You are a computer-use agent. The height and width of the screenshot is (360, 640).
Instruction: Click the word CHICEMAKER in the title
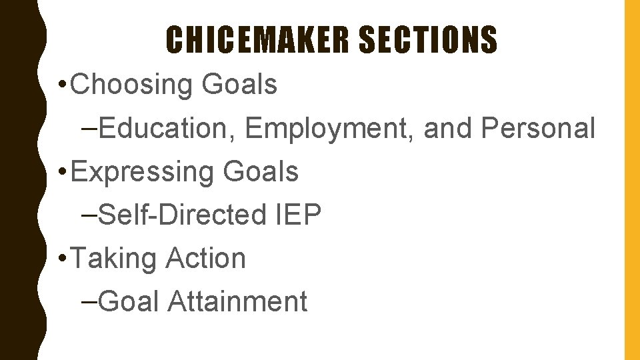point(257,40)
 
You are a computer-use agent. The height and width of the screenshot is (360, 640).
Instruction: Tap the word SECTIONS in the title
point(428,40)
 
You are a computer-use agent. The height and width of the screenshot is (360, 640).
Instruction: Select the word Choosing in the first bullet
point(130,85)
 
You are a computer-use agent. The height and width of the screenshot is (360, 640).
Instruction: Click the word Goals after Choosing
point(239,85)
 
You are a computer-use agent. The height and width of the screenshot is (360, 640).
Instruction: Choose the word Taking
point(113,258)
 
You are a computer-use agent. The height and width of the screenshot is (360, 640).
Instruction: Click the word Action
point(206,258)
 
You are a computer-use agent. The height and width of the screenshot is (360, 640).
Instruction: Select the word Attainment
point(237,301)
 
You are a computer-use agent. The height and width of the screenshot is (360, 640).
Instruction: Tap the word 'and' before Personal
point(446,129)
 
